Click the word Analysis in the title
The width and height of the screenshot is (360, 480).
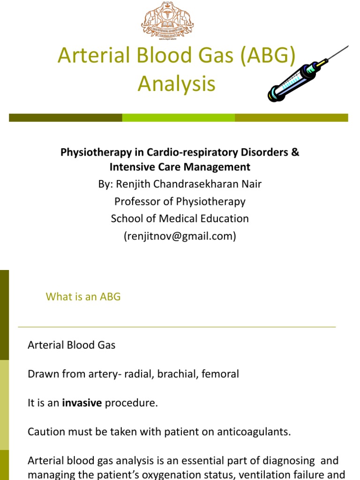coord(177,84)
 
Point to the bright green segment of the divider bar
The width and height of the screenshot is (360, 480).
coord(178,118)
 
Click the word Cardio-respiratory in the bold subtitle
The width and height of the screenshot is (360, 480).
coord(188,152)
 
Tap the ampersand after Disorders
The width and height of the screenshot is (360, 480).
coord(295,152)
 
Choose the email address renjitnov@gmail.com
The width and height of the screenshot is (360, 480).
coord(180,236)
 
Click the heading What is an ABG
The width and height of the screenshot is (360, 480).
coord(83,297)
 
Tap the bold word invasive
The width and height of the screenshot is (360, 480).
coord(82,403)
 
